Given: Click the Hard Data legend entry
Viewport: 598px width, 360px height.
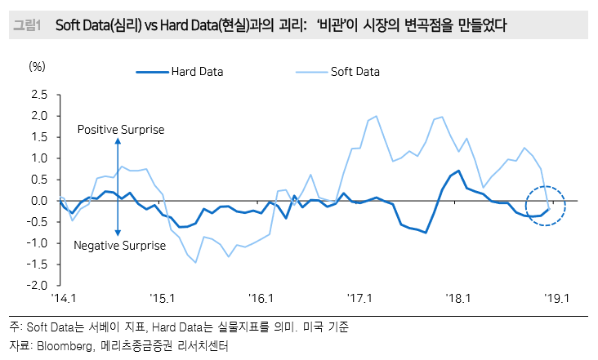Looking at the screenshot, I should pyautogui.click(x=197, y=71).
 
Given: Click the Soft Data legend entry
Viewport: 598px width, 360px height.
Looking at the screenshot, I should pyautogui.click(x=355, y=71).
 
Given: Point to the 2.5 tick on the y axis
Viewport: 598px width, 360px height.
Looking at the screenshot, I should pyautogui.click(x=38, y=95).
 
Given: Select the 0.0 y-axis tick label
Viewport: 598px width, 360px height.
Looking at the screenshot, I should pyautogui.click(x=38, y=201).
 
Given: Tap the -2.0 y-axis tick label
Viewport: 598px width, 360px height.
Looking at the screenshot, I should pyautogui.click(x=37, y=286).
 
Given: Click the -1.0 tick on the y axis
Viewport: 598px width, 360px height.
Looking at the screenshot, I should pyautogui.click(x=37, y=243).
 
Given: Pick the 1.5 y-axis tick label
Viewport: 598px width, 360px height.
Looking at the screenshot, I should pyautogui.click(x=38, y=137).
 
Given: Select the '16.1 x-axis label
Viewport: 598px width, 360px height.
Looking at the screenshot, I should pyautogui.click(x=261, y=300).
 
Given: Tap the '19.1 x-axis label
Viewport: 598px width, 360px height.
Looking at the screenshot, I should pyautogui.click(x=557, y=300).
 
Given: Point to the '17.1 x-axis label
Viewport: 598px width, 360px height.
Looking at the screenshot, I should pyautogui.click(x=359, y=300).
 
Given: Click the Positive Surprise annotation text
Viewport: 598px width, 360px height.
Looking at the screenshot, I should pyautogui.click(x=121, y=130).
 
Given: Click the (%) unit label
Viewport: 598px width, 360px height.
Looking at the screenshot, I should pyautogui.click(x=38, y=65).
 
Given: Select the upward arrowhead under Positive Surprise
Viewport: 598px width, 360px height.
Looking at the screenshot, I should pyautogui.click(x=118, y=142).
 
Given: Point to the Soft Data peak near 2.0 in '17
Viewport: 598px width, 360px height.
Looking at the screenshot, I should pyautogui.click(x=376, y=116).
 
